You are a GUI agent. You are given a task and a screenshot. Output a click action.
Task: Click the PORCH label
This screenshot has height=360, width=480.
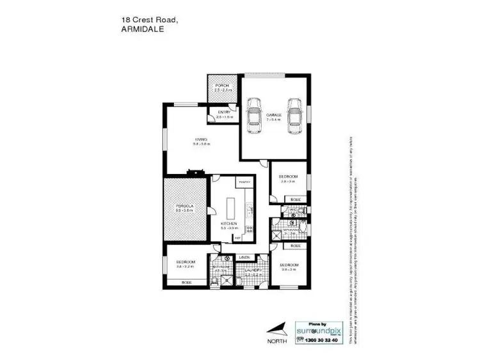(x=222, y=86)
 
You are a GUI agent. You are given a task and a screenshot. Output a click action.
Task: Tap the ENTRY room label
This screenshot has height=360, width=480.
(x=224, y=113)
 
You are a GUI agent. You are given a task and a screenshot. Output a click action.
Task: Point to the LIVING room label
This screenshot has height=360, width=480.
(x=201, y=139)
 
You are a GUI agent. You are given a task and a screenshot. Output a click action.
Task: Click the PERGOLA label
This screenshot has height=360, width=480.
(x=184, y=205)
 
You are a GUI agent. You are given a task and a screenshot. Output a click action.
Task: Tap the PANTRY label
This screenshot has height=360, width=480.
(x=244, y=182)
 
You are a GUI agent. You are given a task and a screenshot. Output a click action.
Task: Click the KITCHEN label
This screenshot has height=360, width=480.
(x=229, y=223)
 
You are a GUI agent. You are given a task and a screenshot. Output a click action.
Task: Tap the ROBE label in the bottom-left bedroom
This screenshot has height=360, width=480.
(x=186, y=282)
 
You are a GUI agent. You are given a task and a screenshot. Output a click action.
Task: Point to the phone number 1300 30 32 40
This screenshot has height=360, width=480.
(x=324, y=341)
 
